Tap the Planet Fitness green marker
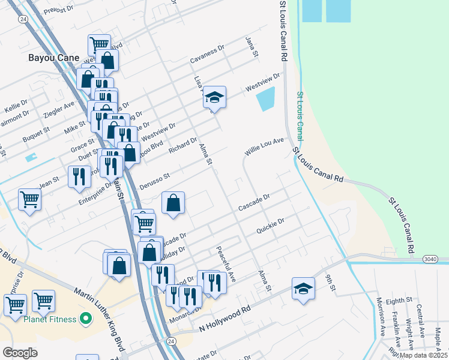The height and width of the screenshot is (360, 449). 85,317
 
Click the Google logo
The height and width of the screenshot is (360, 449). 20,352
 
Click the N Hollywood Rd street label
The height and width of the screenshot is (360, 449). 224,321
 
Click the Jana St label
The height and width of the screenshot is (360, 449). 252,46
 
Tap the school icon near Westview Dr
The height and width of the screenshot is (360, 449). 214,97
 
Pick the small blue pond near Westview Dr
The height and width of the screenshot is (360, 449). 265,99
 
